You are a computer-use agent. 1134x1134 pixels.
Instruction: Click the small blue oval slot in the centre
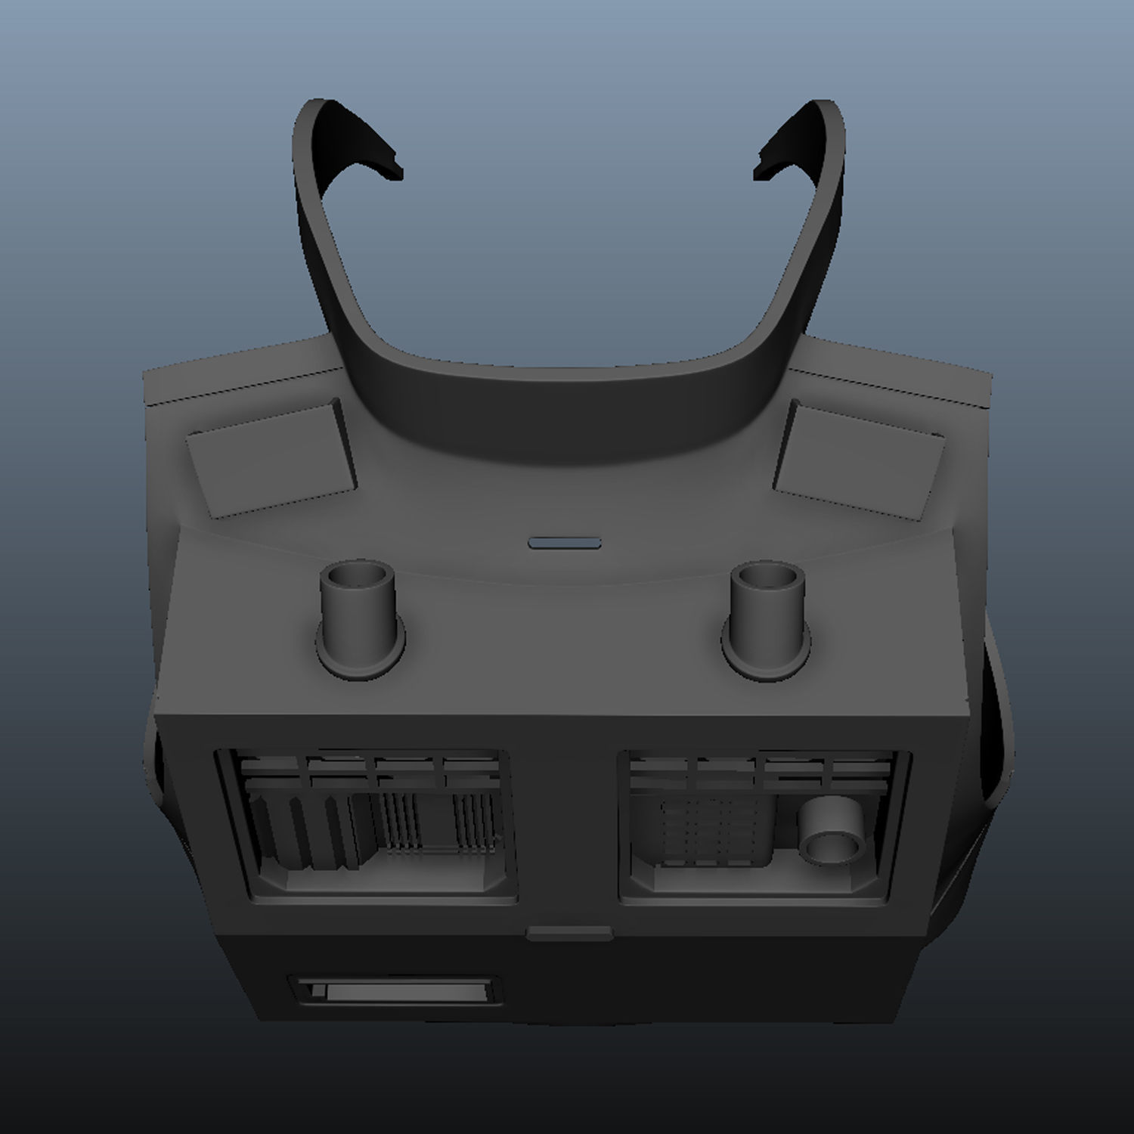coord(565,543)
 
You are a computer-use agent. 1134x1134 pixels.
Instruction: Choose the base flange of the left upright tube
coord(360,656)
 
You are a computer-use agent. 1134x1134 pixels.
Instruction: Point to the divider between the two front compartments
coord(567,824)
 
